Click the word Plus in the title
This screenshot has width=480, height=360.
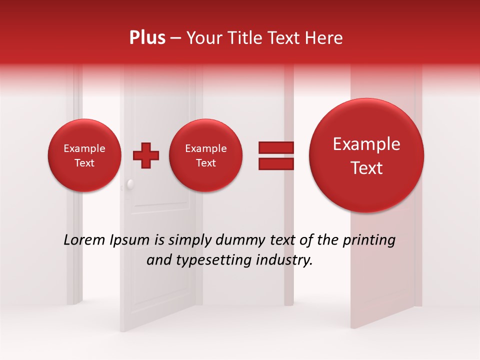[x=147, y=38]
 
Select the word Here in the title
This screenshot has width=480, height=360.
[x=324, y=38]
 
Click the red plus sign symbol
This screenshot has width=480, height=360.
[x=145, y=155]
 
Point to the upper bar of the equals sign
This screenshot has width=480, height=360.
[x=275, y=147]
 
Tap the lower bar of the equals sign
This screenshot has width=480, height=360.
[x=275, y=164]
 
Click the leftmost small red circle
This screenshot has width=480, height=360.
[x=84, y=155]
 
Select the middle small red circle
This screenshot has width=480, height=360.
[x=206, y=155]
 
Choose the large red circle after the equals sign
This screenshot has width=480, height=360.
[x=366, y=155]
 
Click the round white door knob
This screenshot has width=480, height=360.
[x=130, y=184]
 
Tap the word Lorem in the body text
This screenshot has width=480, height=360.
[x=84, y=240]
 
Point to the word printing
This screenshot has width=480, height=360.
[x=368, y=240]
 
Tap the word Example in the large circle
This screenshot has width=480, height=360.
[x=366, y=144]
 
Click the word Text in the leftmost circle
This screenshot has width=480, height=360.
[x=84, y=163]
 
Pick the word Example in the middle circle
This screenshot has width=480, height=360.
[x=206, y=148]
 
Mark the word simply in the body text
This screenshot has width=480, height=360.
[x=188, y=240]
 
